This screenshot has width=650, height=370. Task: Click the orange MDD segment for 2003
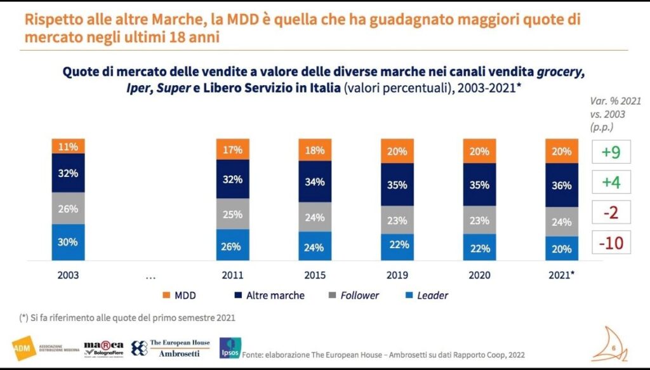coord(68,147)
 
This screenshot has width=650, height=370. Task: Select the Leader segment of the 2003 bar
coord(68,242)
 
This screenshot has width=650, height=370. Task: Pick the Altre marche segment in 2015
coord(314,182)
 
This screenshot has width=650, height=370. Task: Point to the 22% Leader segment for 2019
coord(398,244)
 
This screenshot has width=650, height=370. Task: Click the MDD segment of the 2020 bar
coord(479,151)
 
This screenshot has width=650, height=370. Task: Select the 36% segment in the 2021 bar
coord(561,185)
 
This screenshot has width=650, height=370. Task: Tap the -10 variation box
coord(611,242)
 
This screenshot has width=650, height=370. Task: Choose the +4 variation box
coord(611,182)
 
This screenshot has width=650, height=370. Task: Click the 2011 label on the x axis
coord(232,276)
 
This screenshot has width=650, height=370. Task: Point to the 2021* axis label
coord(561,276)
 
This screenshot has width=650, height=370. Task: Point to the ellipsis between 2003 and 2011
coord(150,277)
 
